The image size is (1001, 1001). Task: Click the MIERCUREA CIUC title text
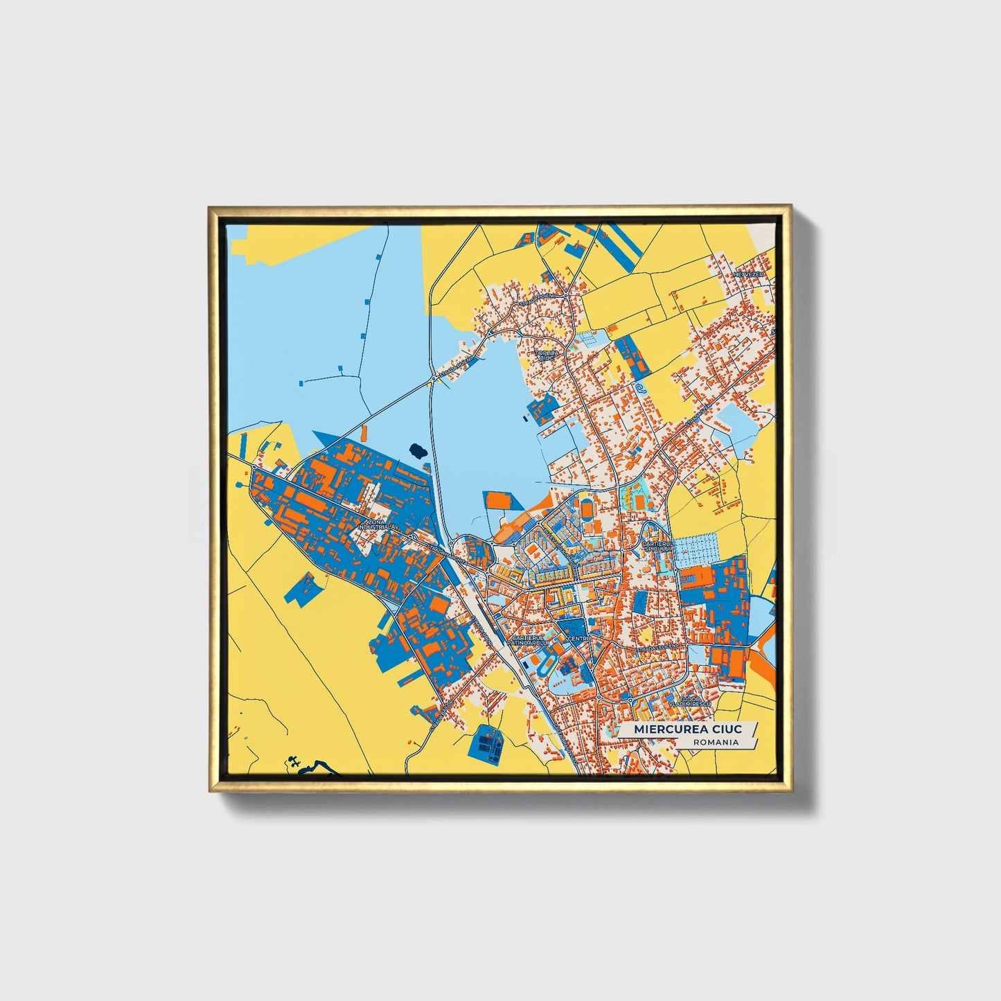(686, 729)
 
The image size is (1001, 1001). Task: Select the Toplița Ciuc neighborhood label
(544, 355)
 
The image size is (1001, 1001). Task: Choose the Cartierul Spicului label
(657, 547)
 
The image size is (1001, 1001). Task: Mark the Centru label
(578, 638)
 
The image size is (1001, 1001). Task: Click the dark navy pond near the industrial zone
(418, 450)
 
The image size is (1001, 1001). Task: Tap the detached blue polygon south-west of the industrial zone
(303, 590)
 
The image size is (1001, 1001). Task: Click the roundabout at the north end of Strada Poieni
(566, 296)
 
